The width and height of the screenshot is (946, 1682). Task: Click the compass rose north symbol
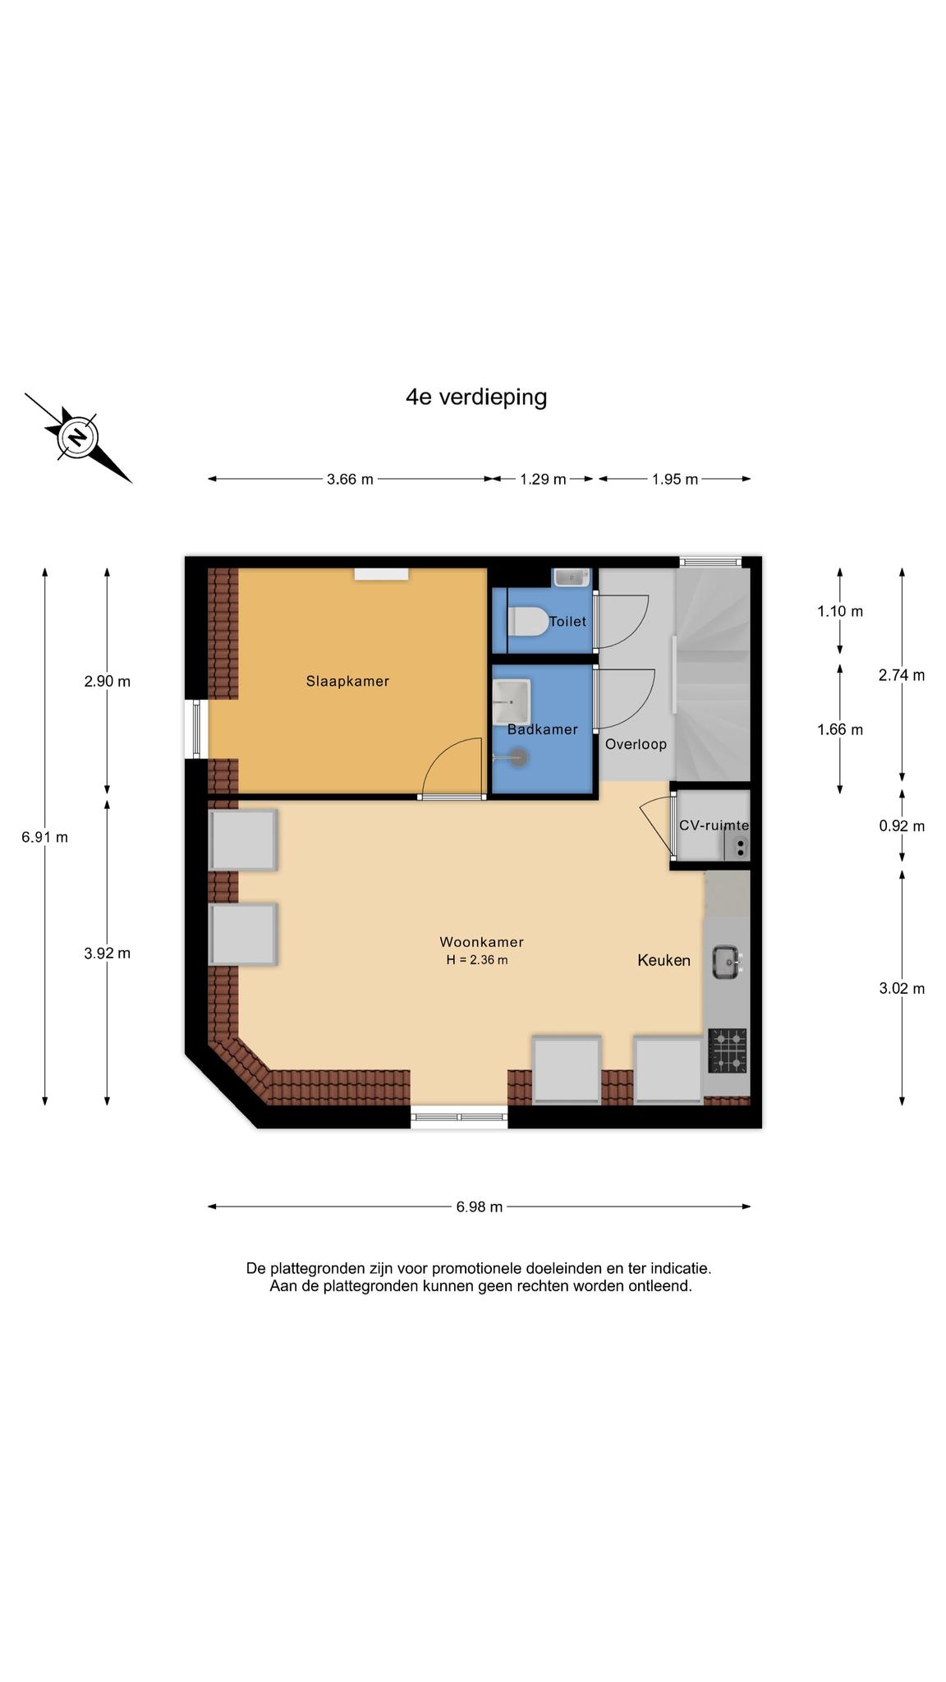coord(78,437)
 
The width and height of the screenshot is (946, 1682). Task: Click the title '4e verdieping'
coord(476,398)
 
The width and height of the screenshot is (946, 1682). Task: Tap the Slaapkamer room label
coord(347,681)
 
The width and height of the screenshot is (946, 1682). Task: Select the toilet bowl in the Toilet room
coord(528,622)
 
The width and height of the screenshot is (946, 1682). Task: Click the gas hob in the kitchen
coord(728,1050)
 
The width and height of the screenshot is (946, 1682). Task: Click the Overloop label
coord(636,744)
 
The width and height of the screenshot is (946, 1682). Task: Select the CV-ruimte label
coord(714,825)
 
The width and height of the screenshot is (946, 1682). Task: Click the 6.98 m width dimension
coord(480,1206)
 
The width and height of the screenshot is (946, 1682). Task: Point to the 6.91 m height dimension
coord(45,837)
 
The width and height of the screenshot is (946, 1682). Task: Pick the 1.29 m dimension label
coord(543,479)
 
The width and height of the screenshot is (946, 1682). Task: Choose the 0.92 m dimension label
coord(902,826)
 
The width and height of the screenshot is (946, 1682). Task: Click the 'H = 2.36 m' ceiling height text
coord(477,959)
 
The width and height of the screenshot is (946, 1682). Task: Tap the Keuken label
coord(664,960)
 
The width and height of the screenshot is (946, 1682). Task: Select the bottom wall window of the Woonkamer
coord(459,1117)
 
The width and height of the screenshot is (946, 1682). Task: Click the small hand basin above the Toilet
coord(572,577)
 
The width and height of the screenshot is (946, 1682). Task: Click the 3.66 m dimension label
coord(350,479)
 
